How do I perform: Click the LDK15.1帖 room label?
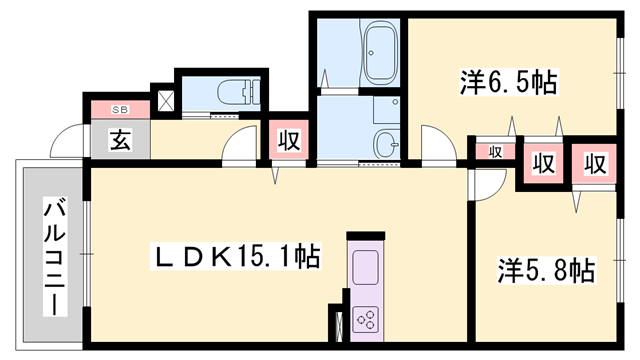(236, 256)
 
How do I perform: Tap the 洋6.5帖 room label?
(509, 83)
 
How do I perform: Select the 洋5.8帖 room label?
(546, 271)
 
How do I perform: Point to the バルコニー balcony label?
(55, 256)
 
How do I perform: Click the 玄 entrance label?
(120, 140)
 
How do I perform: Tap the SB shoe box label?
(120, 110)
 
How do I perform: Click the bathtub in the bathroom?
(381, 53)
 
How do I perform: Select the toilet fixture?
(239, 93)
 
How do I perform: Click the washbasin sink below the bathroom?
(387, 144)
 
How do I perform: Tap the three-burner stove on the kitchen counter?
(365, 319)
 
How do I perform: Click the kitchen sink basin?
(365, 267)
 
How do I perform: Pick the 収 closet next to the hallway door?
(289, 140)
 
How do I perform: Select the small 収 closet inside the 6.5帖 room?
(496, 152)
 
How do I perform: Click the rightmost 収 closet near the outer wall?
(595, 164)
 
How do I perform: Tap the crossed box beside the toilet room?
(166, 100)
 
